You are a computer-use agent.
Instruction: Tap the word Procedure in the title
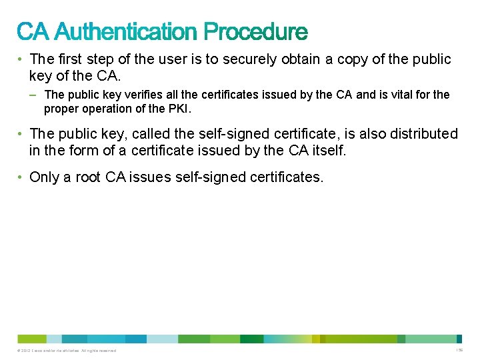point(256,31)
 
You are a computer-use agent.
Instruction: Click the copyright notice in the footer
point(67,351)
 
